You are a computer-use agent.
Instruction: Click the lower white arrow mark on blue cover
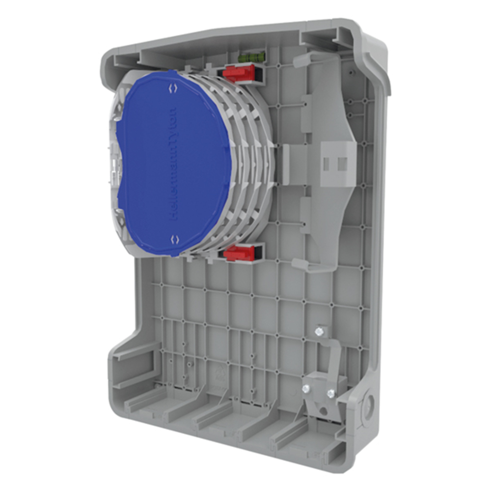[173, 239]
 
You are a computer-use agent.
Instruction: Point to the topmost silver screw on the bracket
[320, 332]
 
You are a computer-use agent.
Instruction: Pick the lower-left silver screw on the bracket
[306, 389]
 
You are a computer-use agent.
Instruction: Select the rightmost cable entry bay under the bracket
[295, 432]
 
